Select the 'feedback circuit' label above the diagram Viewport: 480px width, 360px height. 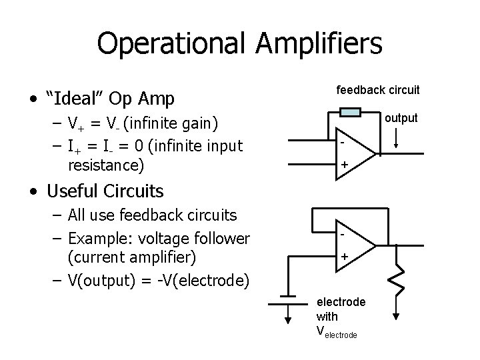coord(378,89)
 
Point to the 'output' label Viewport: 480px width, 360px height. coord(400,118)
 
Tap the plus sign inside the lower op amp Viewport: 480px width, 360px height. coord(345,256)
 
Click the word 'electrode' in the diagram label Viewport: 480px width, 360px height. coord(341,302)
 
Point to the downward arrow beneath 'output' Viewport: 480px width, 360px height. coord(397,137)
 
